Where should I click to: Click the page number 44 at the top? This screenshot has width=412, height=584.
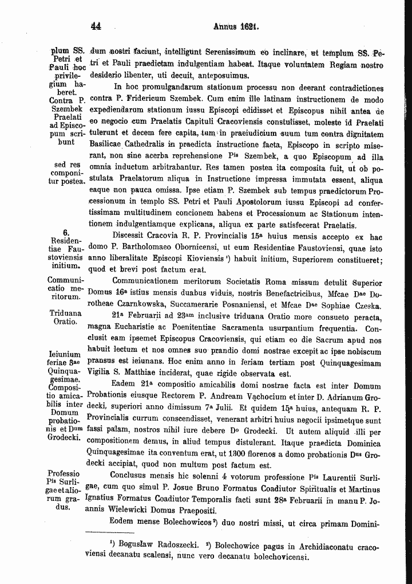pos(96,26)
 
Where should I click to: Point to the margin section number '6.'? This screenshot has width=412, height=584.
pos(66,233)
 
